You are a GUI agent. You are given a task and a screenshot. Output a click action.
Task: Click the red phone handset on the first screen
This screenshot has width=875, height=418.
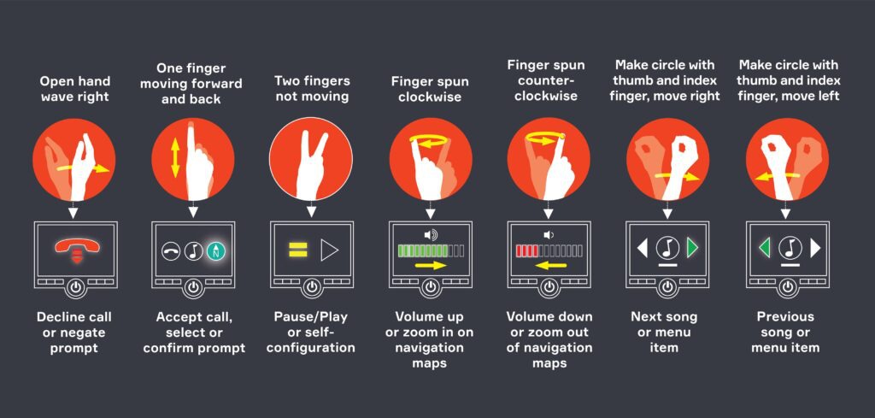(x=76, y=245)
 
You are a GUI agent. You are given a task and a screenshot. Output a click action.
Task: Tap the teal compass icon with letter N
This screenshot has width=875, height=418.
(x=215, y=251)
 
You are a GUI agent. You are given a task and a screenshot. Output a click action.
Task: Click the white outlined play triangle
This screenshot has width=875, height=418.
(x=329, y=250)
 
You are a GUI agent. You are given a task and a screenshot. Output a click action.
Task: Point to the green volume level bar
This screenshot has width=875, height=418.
(x=431, y=250)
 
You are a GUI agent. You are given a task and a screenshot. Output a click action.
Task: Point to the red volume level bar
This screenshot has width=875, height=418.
(x=549, y=250)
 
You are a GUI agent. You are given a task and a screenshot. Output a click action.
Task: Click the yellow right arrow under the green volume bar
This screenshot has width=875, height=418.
(x=432, y=266)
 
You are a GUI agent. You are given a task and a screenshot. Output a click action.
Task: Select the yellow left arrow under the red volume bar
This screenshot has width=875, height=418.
(x=550, y=266)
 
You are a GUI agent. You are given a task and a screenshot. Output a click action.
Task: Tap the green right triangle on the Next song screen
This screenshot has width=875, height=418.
(x=692, y=248)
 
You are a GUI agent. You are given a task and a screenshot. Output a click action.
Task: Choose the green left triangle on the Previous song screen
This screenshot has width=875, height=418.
(x=765, y=248)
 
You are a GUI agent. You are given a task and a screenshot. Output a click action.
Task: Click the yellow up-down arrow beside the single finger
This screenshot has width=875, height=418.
(x=175, y=158)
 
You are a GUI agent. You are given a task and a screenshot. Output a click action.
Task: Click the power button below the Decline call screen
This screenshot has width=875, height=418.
(x=75, y=287)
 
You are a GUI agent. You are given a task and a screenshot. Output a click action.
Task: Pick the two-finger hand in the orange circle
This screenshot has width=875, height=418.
(x=310, y=165)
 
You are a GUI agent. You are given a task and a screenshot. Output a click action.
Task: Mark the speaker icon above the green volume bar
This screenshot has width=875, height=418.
(x=431, y=235)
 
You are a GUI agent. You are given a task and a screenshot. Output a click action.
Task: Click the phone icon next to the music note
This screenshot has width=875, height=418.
(x=171, y=251)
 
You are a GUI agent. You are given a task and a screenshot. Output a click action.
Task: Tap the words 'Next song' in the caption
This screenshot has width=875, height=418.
(x=664, y=317)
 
